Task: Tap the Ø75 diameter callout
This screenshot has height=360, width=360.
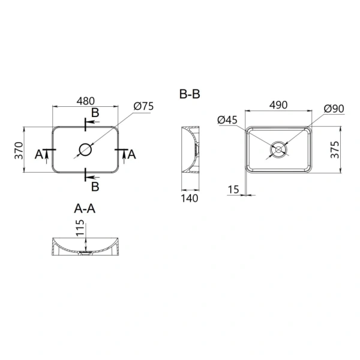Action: (x=144, y=106)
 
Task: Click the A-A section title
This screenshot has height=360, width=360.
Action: (x=85, y=209)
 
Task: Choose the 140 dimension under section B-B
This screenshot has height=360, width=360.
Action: (x=189, y=198)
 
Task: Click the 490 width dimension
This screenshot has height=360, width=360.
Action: (x=279, y=105)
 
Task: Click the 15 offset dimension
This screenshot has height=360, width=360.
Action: (x=234, y=190)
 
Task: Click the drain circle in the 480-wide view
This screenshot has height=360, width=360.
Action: (x=85, y=149)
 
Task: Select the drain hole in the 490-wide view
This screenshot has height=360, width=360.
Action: (x=279, y=149)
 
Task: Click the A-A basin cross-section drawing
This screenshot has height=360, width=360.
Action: (x=85, y=248)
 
